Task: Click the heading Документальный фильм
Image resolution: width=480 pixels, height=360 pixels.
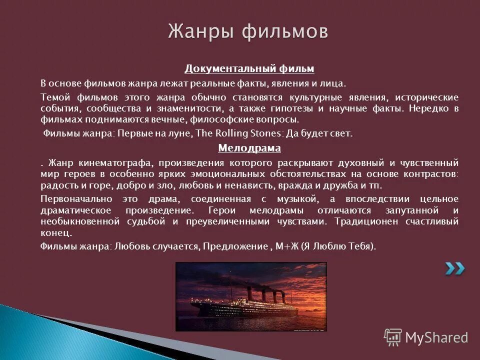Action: click(x=249, y=68)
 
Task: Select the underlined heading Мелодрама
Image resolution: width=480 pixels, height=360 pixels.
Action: click(x=249, y=148)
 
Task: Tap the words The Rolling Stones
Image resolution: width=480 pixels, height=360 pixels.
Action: click(x=238, y=133)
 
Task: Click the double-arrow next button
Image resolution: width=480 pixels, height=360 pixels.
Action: click(x=455, y=268)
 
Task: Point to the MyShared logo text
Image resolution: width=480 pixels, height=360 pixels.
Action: click(x=436, y=337)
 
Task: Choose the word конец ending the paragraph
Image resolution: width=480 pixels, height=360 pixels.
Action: click(x=55, y=233)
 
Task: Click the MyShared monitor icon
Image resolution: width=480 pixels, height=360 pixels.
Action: click(x=393, y=336)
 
